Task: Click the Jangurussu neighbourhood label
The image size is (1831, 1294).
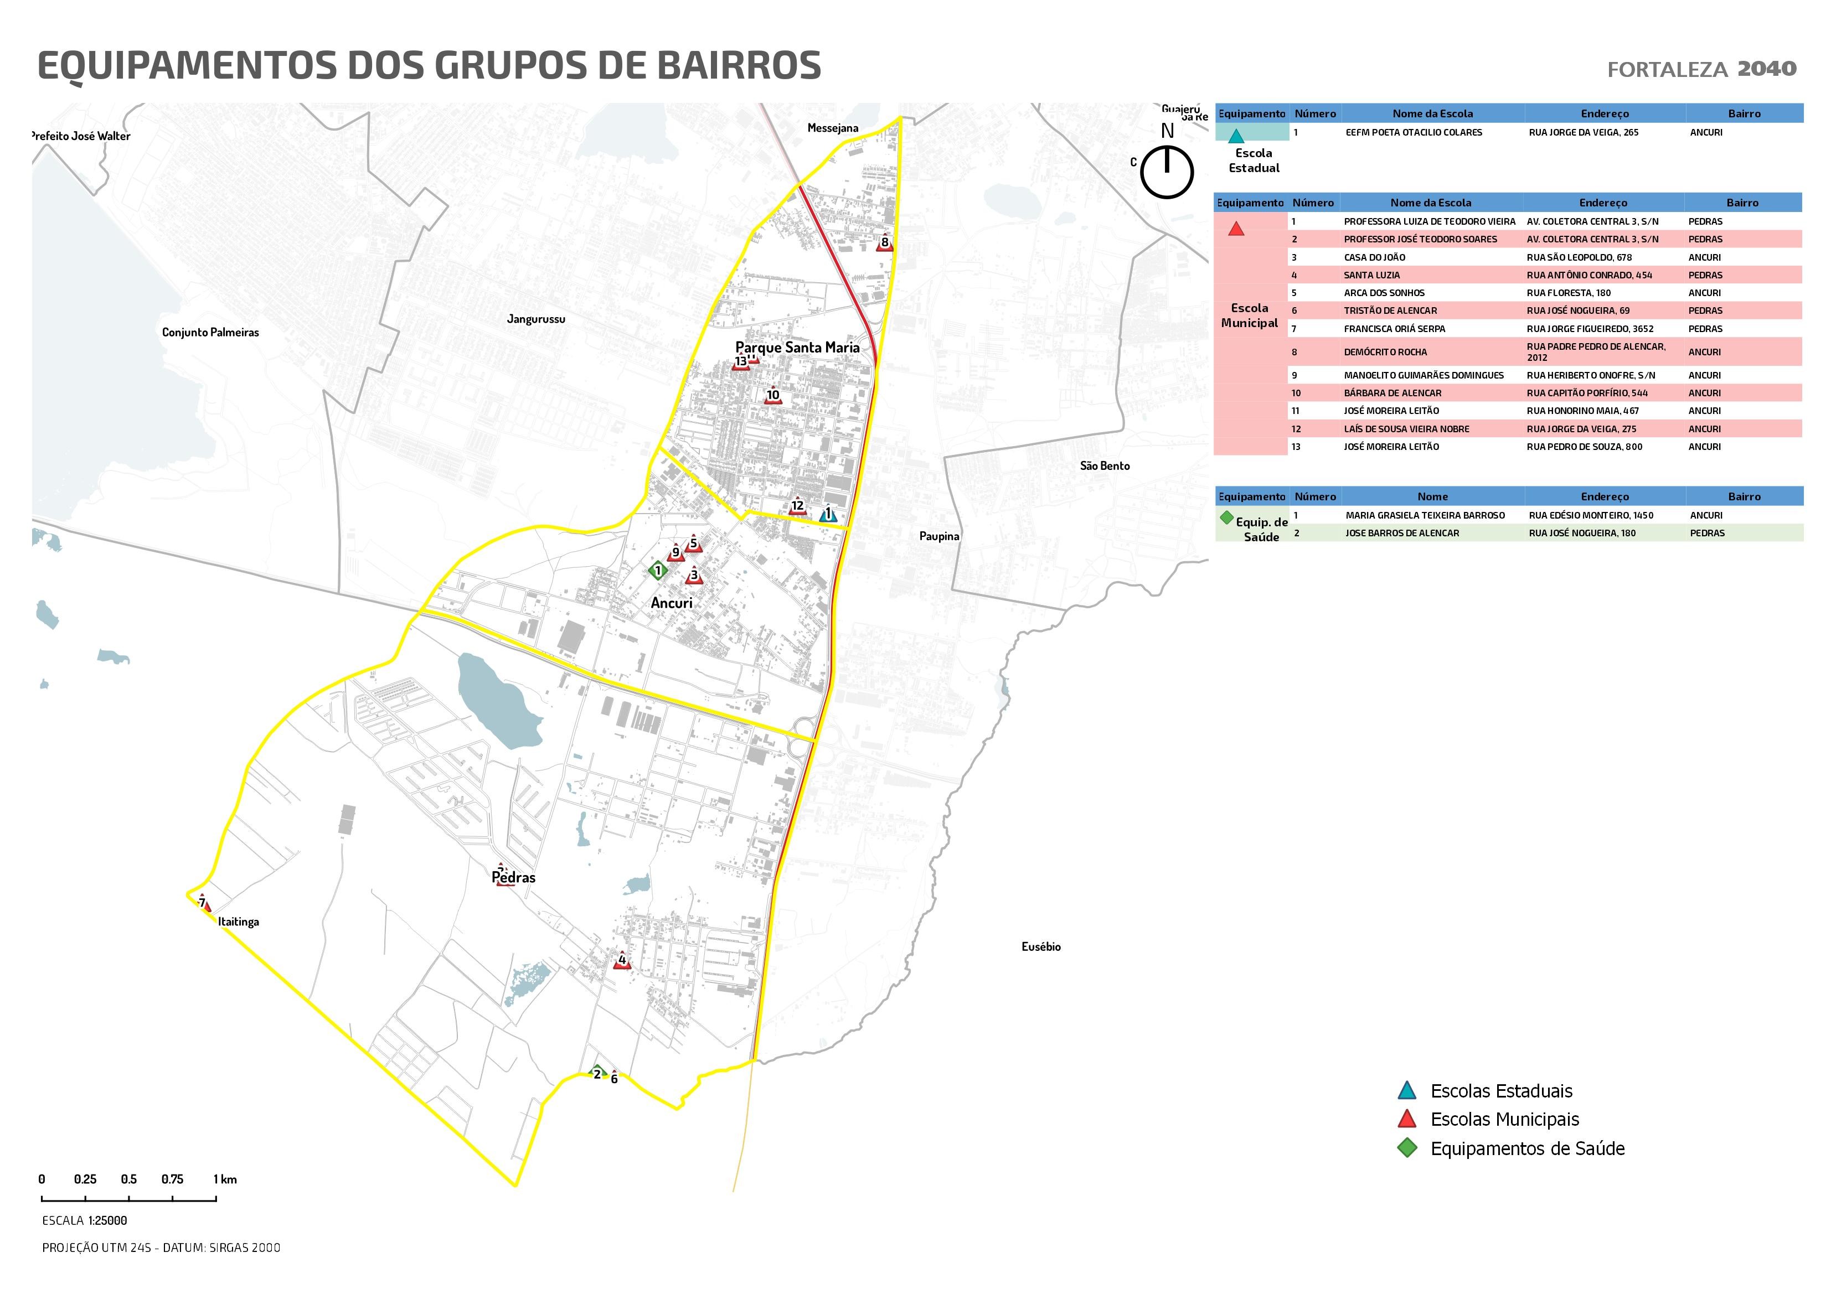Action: pyautogui.click(x=536, y=319)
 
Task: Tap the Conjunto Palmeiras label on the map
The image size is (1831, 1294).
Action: pyautogui.click(x=210, y=333)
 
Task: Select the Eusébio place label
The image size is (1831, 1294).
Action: pyautogui.click(x=1041, y=946)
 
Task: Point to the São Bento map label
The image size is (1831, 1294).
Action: pyautogui.click(x=1105, y=465)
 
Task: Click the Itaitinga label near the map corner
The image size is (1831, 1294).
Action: pyautogui.click(x=239, y=922)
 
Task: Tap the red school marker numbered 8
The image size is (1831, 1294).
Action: pyautogui.click(x=884, y=244)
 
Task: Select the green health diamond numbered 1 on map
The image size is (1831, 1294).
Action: pyautogui.click(x=658, y=570)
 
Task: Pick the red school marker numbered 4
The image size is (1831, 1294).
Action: pyautogui.click(x=622, y=961)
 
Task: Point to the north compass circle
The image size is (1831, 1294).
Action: pyautogui.click(x=1167, y=172)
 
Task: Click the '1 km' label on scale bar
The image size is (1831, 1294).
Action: pyautogui.click(x=225, y=1179)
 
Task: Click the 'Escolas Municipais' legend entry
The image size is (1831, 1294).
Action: pyautogui.click(x=1504, y=1120)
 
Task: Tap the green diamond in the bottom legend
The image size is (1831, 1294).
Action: pyautogui.click(x=1407, y=1148)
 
